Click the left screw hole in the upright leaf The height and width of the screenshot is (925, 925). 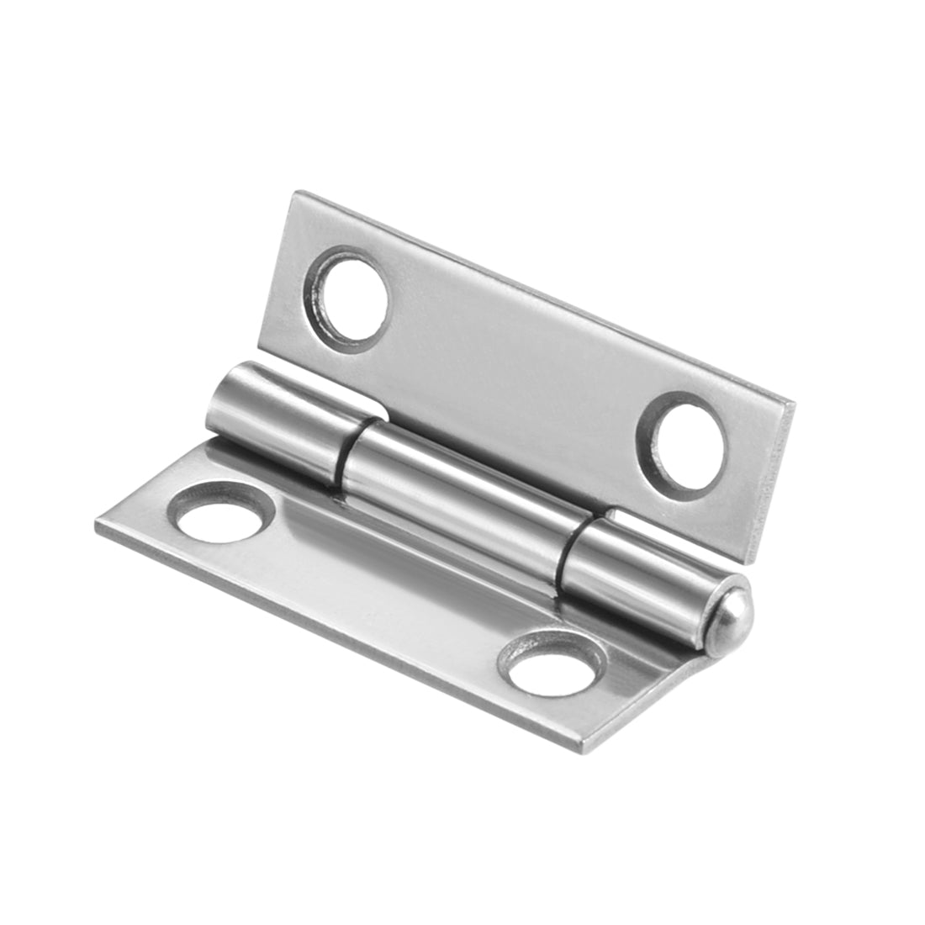351,294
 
